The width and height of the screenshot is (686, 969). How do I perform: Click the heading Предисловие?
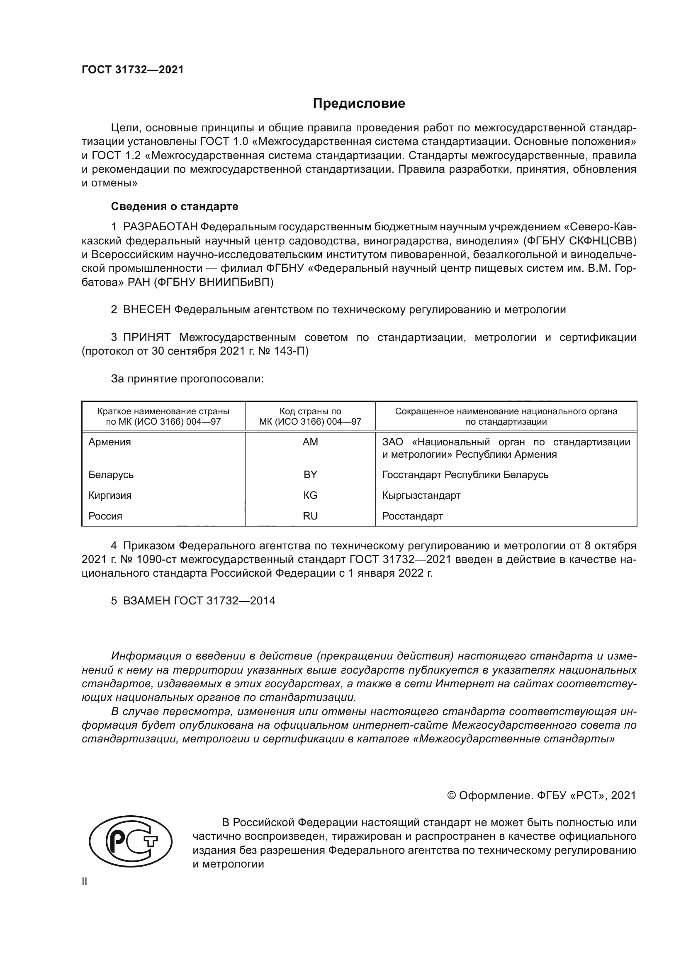click(x=359, y=104)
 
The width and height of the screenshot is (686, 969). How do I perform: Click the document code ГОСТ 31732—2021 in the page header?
click(x=133, y=70)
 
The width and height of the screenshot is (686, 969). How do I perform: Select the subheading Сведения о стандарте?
click(x=175, y=206)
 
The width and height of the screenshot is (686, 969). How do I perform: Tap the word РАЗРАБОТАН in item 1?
click(x=160, y=227)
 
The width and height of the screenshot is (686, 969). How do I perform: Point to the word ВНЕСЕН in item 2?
click(x=146, y=309)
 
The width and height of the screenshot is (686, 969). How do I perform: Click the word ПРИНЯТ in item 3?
click(x=146, y=337)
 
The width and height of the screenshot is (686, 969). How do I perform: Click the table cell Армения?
click(x=110, y=442)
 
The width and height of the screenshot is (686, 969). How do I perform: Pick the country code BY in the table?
click(x=310, y=474)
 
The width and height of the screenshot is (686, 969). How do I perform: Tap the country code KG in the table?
click(x=310, y=495)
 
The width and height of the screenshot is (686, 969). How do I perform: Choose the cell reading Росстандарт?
click(x=412, y=516)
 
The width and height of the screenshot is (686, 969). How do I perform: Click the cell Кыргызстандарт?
click(x=421, y=495)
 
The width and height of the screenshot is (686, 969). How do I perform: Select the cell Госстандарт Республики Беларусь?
click(x=465, y=474)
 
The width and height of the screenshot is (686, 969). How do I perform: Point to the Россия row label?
click(x=105, y=516)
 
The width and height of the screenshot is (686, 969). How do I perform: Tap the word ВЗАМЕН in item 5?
click(x=146, y=601)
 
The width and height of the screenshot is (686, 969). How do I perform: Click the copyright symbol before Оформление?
click(x=451, y=795)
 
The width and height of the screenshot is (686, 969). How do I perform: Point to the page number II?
click(x=85, y=881)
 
